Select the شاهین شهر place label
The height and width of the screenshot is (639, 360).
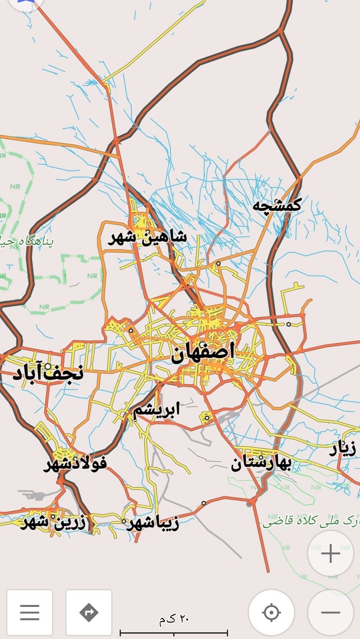coord(147,237)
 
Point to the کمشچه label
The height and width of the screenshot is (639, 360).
coord(277,206)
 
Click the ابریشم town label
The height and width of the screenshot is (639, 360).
coord(157,410)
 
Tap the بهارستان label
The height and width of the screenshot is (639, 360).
coord(260,463)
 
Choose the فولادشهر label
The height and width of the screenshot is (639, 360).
coord(75,464)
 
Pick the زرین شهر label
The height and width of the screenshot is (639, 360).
coord(53,522)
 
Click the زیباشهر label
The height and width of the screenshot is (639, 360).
coord(153,523)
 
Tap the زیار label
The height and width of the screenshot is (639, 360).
coord(343,449)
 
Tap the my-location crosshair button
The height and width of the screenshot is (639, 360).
coord(271,613)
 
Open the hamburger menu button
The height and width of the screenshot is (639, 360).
coord(30,613)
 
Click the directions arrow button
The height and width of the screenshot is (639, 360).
coord(89,613)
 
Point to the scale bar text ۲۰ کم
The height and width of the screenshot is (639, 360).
coord(174,619)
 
